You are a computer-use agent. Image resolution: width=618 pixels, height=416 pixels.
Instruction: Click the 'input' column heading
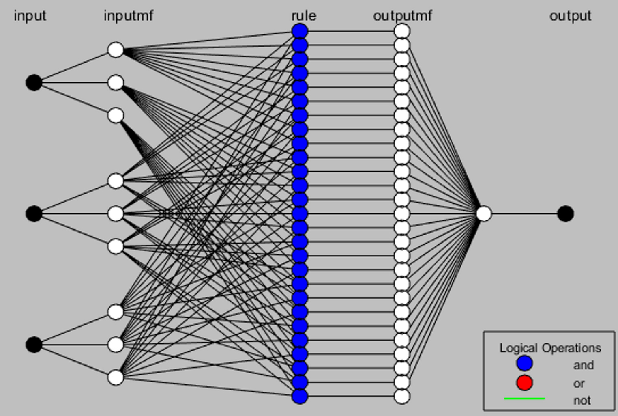tap(30, 16)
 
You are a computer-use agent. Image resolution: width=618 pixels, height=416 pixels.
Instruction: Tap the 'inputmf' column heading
tap(128, 16)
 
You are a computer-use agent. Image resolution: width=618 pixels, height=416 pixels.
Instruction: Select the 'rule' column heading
tap(304, 16)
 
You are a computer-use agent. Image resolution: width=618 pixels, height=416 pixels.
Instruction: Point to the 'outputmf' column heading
tap(402, 16)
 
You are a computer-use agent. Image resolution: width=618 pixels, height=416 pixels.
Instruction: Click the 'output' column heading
tap(570, 16)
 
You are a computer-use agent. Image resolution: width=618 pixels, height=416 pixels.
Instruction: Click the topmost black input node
tap(34, 82)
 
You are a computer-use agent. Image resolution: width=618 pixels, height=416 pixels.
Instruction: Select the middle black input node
tap(34, 213)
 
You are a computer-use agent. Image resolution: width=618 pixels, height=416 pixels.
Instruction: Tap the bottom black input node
tap(34, 345)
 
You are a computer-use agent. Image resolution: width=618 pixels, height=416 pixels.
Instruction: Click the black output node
tap(565, 213)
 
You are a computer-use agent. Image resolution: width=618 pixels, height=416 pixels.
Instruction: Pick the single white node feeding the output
tap(483, 213)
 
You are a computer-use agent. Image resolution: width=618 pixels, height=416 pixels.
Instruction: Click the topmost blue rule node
tap(300, 31)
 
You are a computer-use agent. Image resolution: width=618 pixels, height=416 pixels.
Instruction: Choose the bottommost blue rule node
tap(300, 396)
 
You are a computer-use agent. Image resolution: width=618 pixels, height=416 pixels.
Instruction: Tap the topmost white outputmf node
tap(402, 31)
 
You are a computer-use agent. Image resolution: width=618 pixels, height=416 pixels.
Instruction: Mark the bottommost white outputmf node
tap(402, 396)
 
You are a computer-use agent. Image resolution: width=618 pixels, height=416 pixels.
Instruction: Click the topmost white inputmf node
tap(116, 50)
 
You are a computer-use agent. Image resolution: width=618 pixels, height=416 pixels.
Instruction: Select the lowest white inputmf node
tap(116, 377)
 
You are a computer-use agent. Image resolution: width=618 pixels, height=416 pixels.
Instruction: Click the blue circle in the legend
tap(524, 363)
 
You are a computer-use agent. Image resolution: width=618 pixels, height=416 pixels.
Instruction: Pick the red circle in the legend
tap(524, 383)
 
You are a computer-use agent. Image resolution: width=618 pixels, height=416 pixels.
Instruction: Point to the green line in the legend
tap(524, 399)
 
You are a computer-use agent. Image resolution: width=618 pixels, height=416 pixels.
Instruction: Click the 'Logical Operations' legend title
tap(550, 348)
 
